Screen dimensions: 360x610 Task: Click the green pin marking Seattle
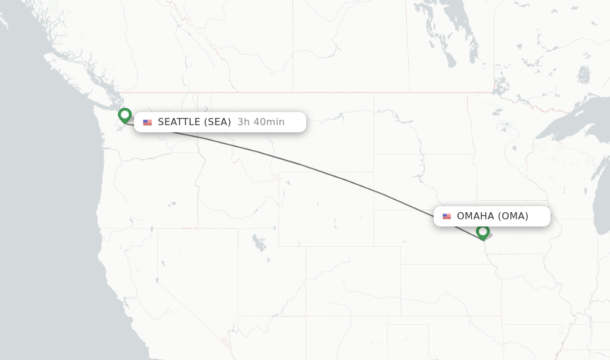125,114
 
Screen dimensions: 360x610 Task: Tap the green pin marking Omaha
483,231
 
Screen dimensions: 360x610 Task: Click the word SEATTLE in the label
179,122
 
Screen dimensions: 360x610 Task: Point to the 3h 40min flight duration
261,122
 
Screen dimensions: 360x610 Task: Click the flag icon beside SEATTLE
147,122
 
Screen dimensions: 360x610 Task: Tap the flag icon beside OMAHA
447,216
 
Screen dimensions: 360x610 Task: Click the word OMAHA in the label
475,216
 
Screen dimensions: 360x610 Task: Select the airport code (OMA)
513,216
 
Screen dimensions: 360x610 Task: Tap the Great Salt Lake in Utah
259,243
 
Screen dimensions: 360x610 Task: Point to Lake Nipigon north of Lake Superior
584,74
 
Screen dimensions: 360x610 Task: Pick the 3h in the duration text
243,122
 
